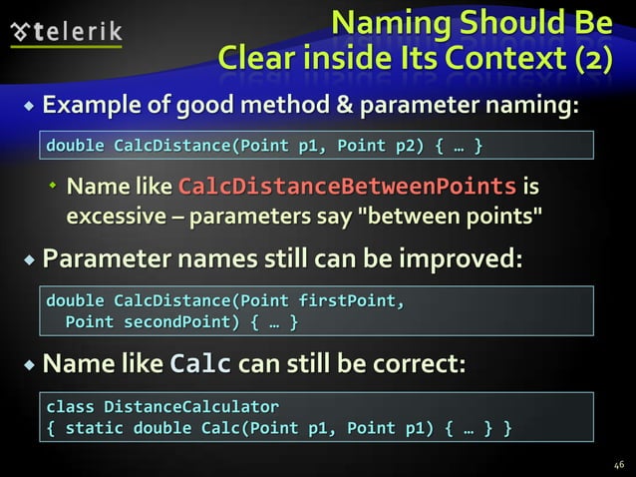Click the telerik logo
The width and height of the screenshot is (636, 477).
(66, 33)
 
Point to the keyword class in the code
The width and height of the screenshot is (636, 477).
(70, 408)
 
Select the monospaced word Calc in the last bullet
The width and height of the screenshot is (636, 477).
(202, 365)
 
